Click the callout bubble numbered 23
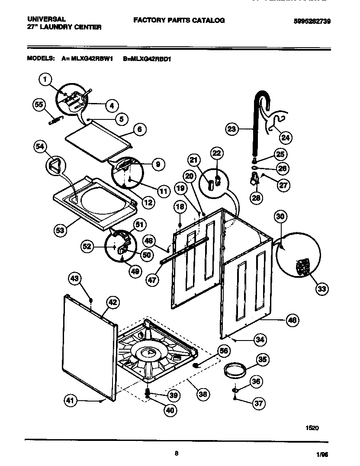coord(232,129)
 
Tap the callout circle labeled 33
coord(321,289)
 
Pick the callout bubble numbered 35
coord(263,359)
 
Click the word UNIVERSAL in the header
coord(46,19)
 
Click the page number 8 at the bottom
coord(177,453)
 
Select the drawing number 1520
coord(312,427)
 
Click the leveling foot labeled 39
coord(148,394)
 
